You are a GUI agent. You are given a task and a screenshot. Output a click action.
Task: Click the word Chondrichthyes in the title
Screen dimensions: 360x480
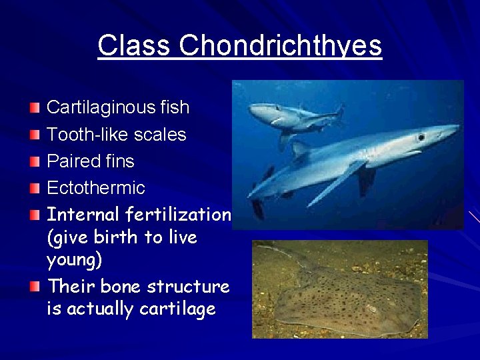point(280,45)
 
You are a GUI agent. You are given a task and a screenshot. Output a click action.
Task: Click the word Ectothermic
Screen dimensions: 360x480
point(95,188)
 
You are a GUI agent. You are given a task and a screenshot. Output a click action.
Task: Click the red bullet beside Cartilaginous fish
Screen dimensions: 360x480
point(35,107)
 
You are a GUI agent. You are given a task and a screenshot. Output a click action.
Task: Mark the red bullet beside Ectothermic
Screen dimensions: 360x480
point(35,188)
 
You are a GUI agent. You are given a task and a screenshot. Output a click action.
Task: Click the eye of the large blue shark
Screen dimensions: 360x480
point(421,137)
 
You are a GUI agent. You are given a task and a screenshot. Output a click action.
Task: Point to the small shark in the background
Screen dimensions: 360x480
point(293,117)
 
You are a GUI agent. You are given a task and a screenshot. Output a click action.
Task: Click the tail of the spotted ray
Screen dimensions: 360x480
point(273,251)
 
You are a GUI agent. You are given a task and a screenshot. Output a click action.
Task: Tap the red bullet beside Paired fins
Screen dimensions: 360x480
point(35,161)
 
